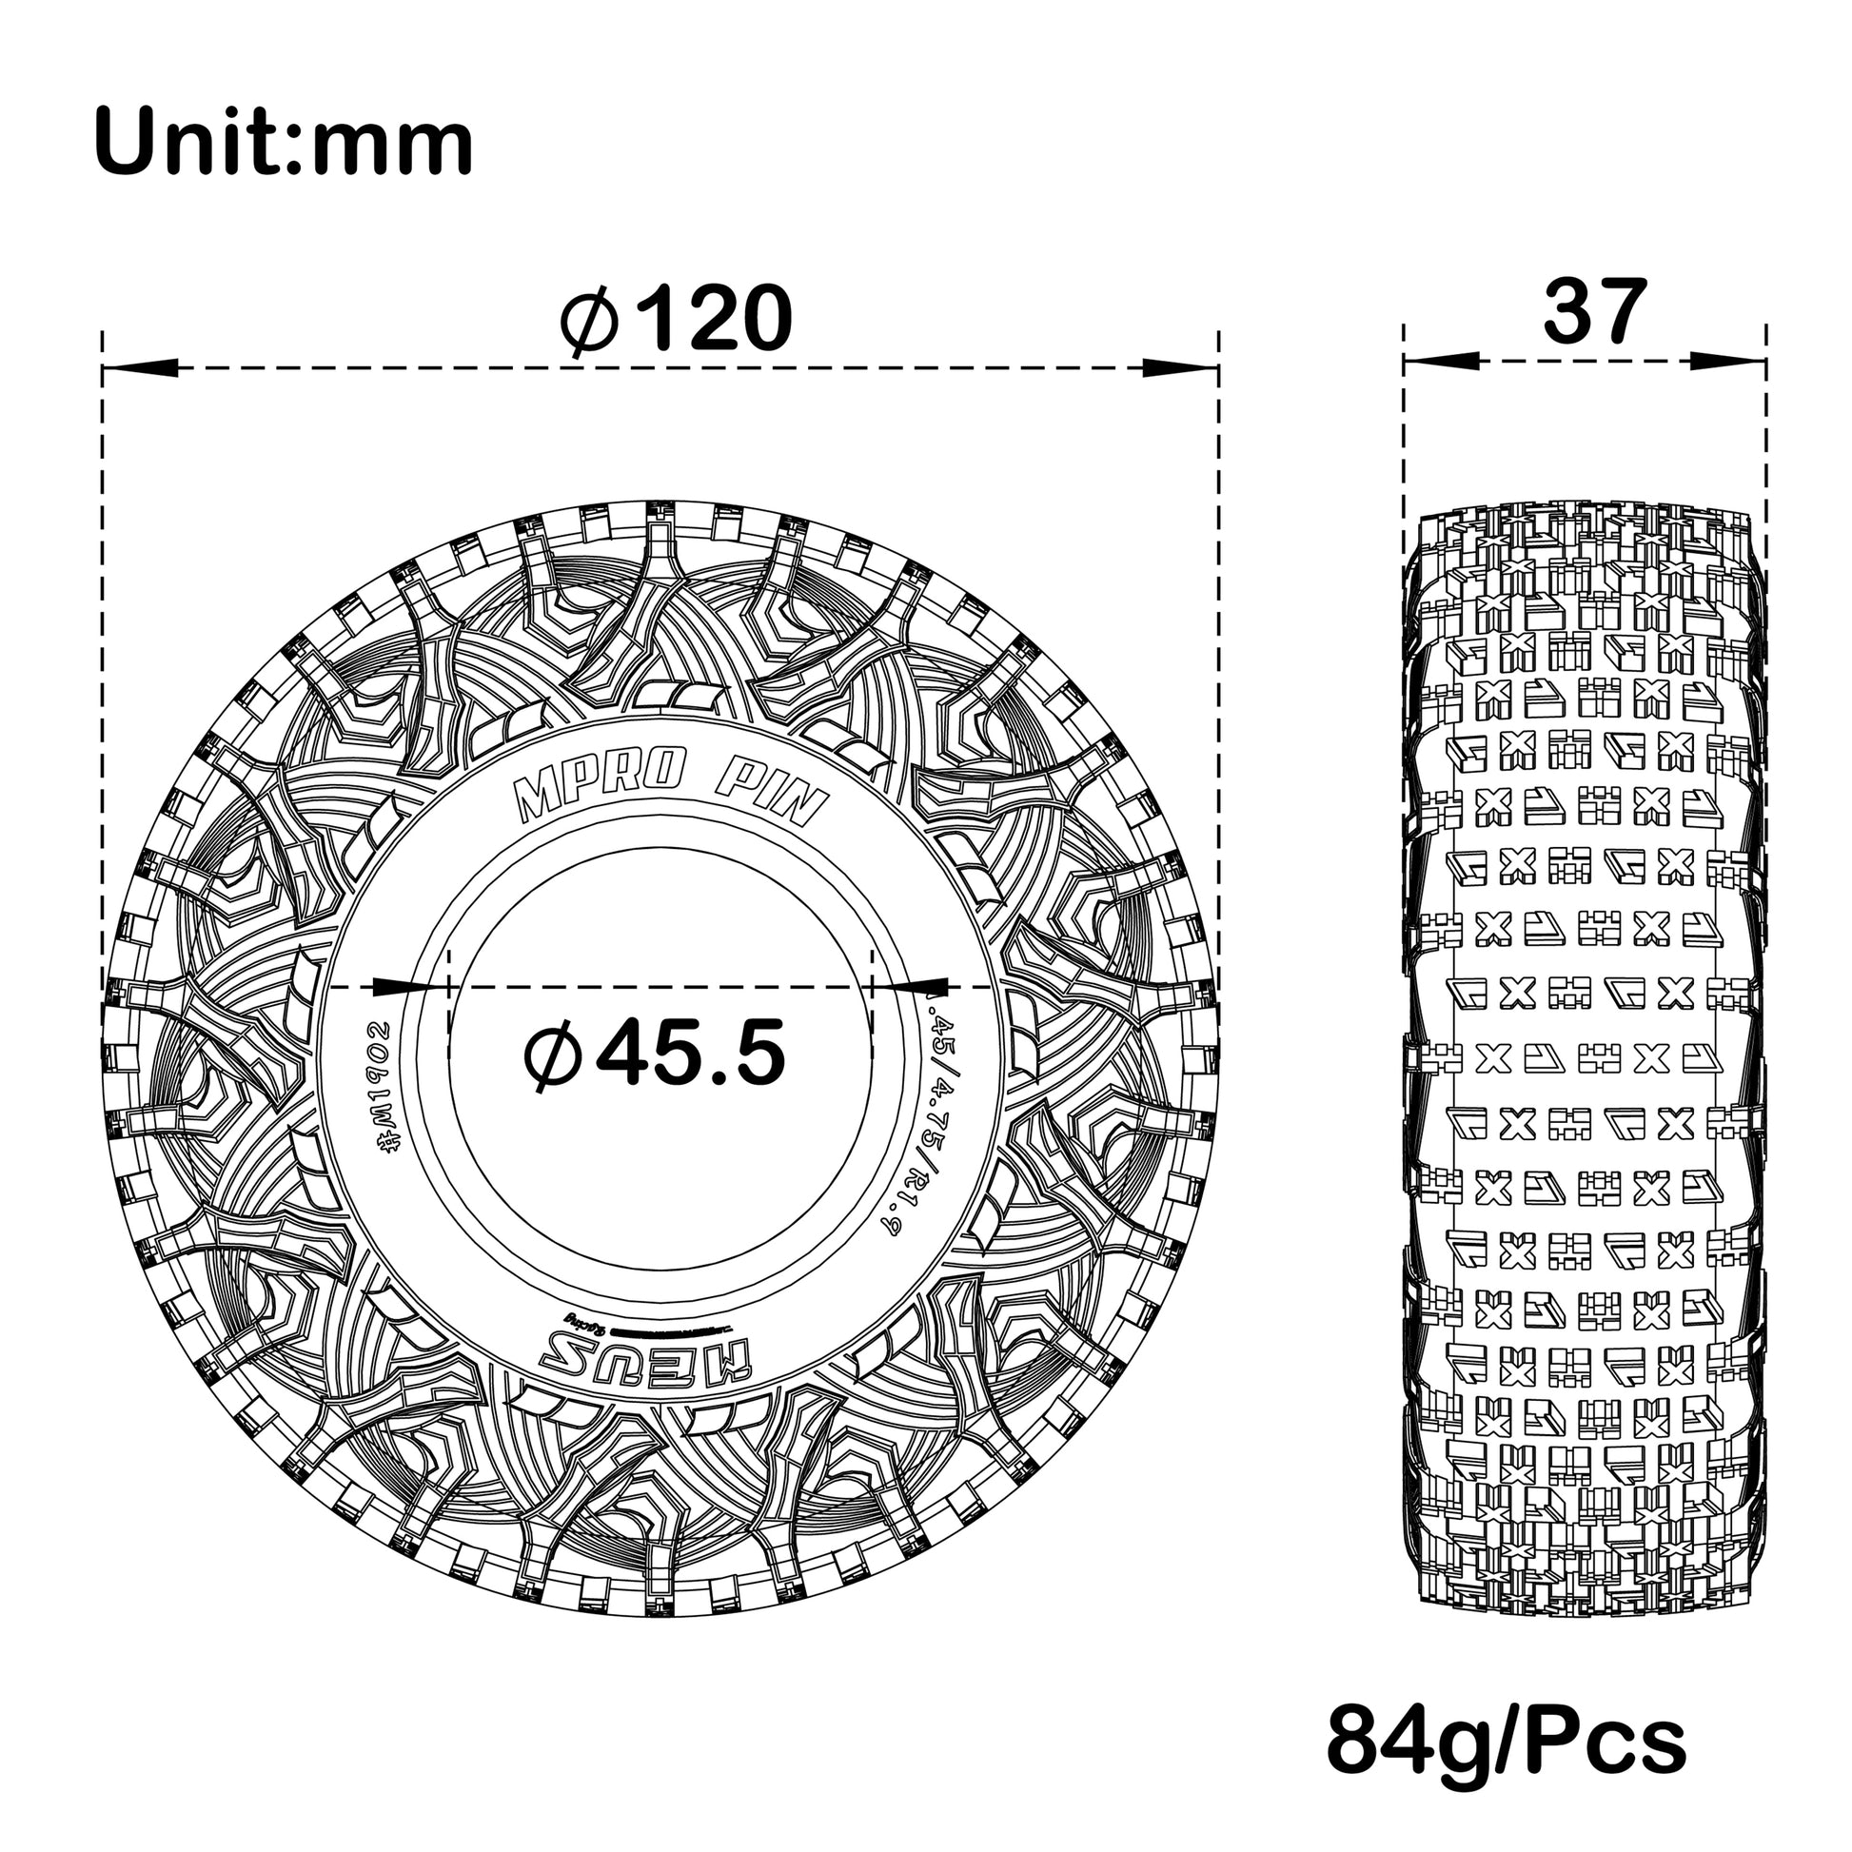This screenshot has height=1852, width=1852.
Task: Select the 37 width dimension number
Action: click(1594, 311)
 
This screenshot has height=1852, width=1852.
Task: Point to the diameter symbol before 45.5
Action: click(554, 1055)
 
